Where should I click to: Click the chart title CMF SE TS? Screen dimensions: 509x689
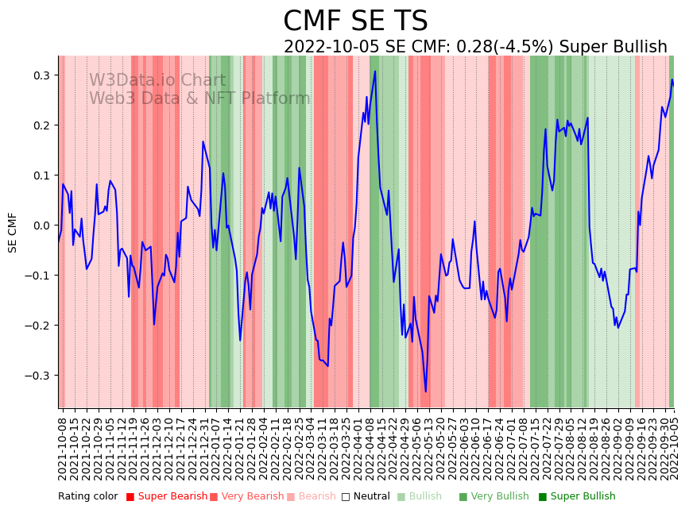[355, 21]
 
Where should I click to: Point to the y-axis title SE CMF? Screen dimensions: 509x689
[12, 232]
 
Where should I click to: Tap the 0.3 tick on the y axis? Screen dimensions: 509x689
[40, 75]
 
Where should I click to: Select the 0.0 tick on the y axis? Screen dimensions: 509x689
[40, 226]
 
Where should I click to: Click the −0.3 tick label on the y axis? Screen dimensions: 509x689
[37, 376]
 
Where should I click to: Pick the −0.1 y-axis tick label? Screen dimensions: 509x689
[37, 276]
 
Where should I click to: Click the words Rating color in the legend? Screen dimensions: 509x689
[87, 497]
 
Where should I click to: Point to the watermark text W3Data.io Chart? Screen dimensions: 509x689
[157, 80]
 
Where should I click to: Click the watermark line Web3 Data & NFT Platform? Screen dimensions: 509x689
[199, 98]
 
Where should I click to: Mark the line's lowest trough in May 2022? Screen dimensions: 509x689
[426, 391]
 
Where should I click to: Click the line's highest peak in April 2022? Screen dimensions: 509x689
[375, 71]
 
